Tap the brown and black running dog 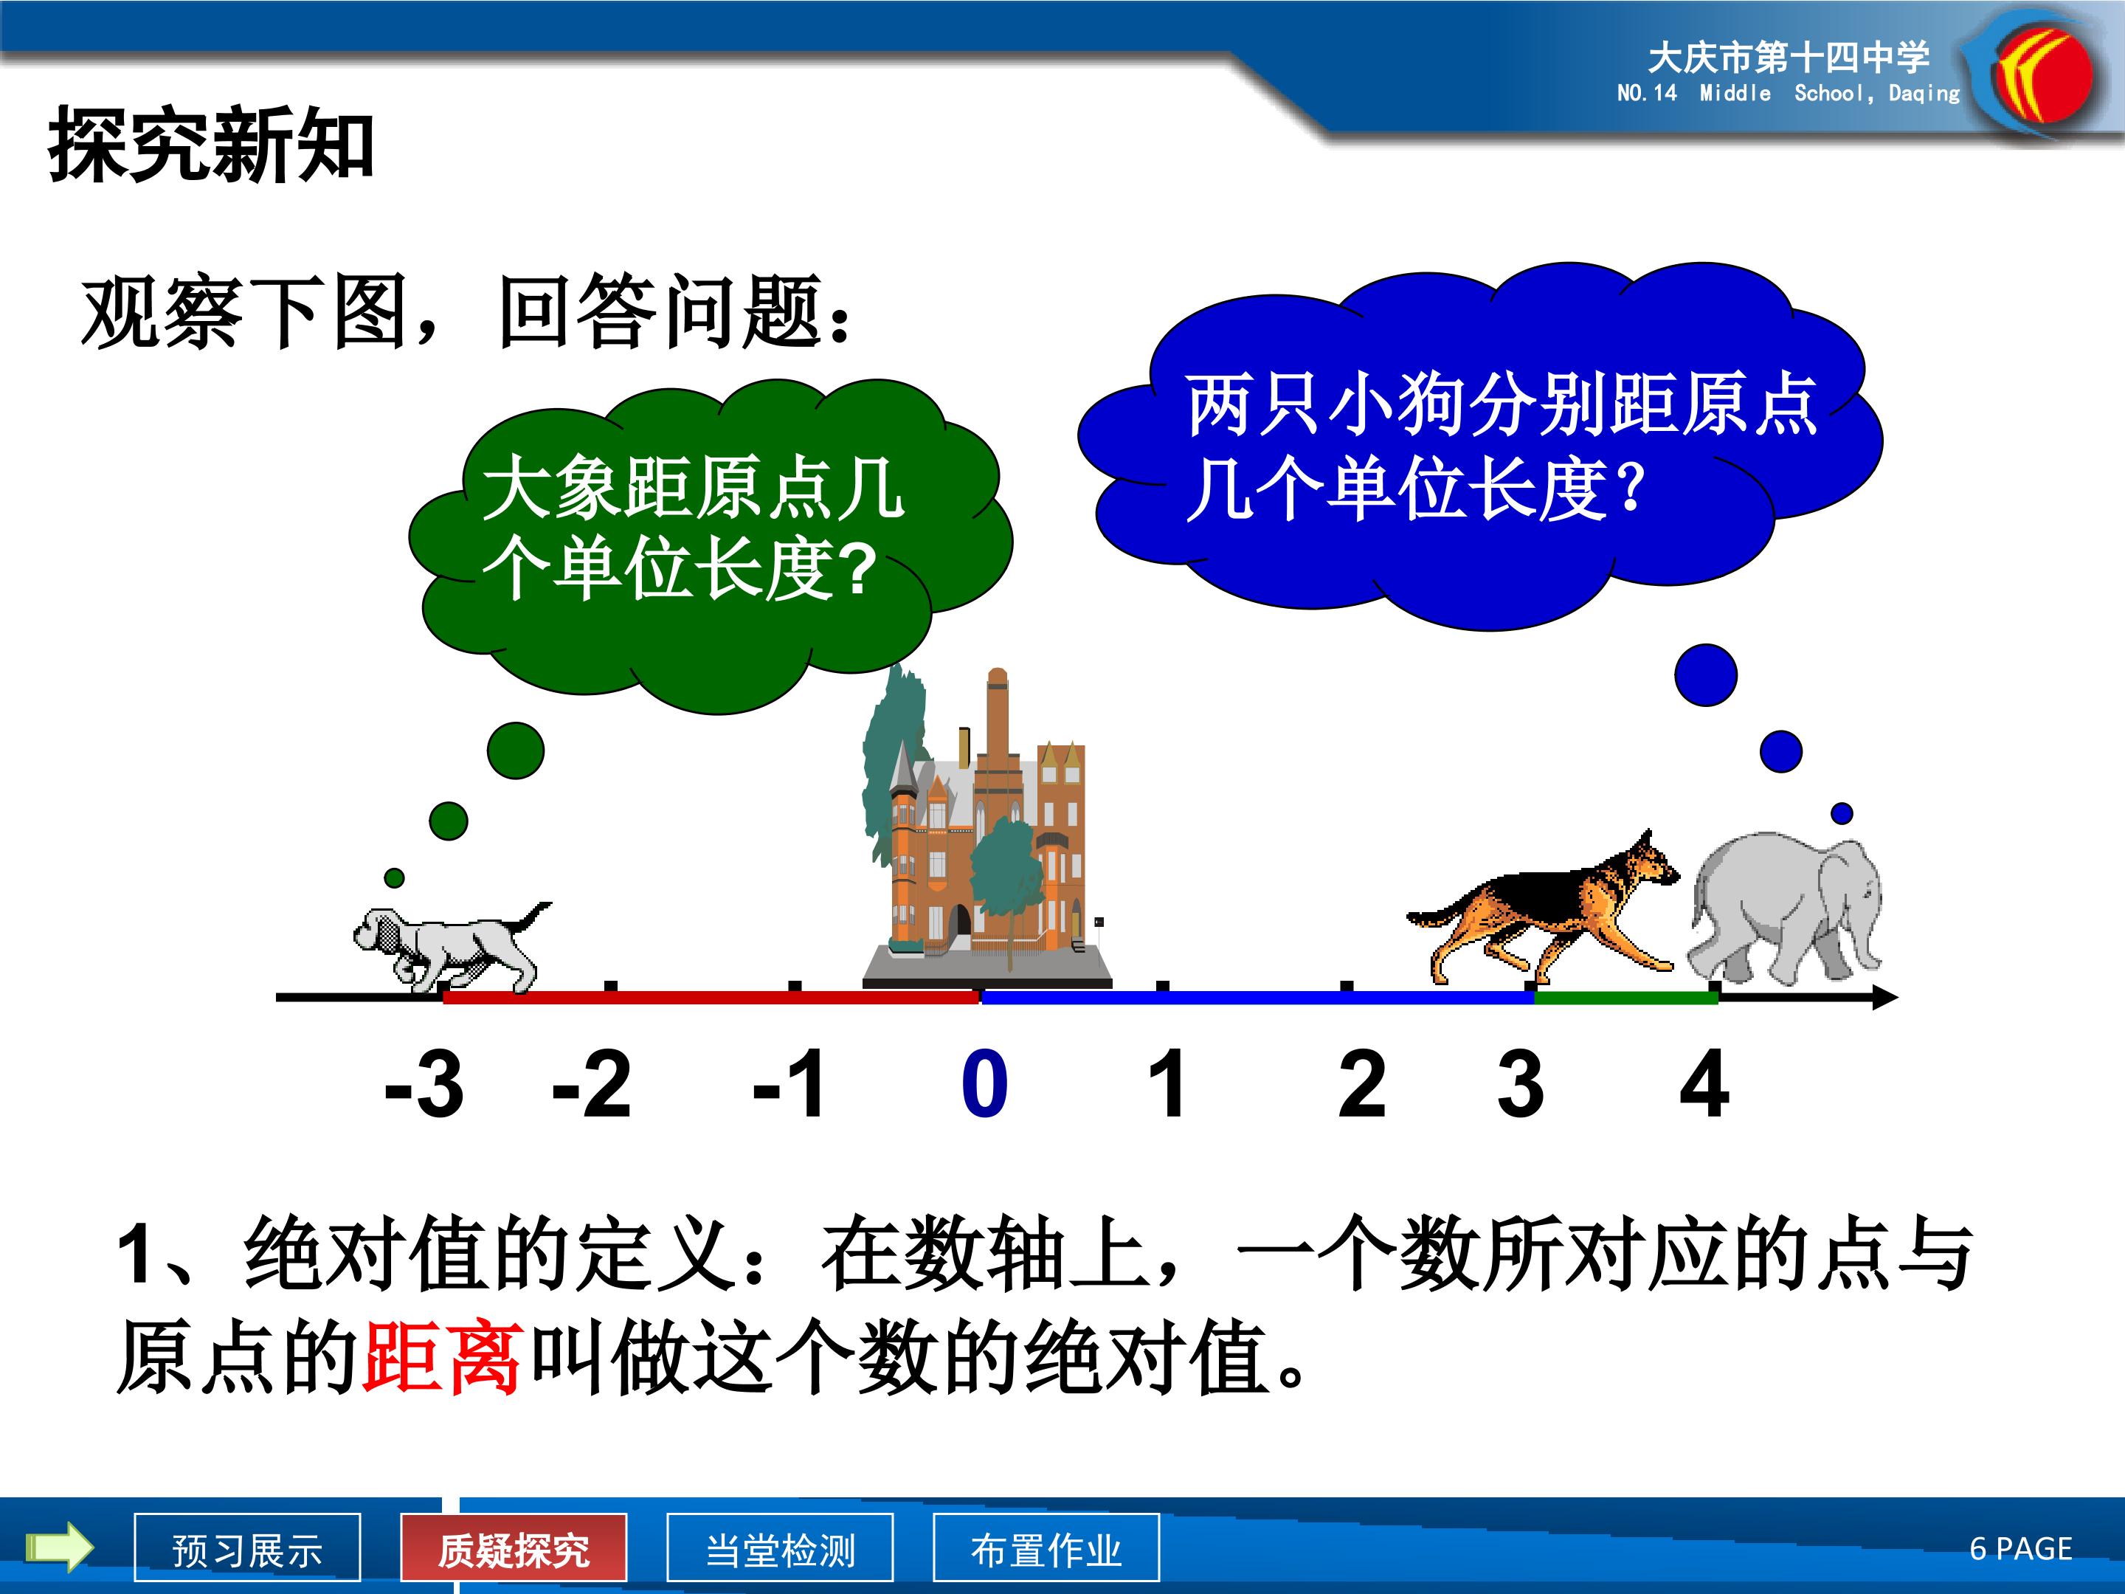click(1543, 908)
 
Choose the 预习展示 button click(248, 1546)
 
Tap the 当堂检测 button click(780, 1546)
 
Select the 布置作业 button click(1046, 1546)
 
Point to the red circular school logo click(2042, 77)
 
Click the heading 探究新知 click(211, 144)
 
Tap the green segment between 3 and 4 click(1625, 997)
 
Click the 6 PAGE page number click(2021, 1548)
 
